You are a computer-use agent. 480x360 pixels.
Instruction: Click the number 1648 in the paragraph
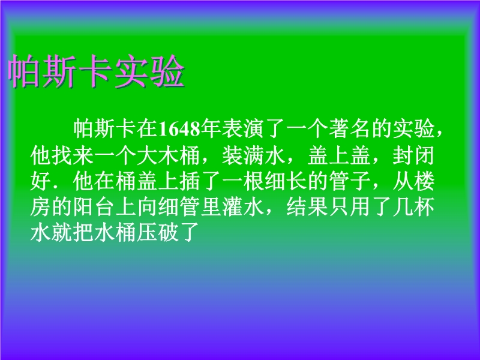point(180,130)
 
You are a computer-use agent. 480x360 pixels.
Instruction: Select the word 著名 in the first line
point(350,130)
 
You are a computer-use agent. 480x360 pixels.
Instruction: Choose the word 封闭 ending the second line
point(414,155)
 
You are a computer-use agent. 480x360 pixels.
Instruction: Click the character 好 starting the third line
point(40,181)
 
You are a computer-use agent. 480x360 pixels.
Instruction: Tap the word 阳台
point(94,207)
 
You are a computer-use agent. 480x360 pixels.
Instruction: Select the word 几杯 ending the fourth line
point(414,207)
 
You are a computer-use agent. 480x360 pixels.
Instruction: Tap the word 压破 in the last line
point(158,233)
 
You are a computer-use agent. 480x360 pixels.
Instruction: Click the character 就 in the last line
point(62,233)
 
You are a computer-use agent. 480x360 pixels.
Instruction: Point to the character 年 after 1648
point(211,130)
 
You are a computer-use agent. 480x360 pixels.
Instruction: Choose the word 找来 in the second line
point(73,155)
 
